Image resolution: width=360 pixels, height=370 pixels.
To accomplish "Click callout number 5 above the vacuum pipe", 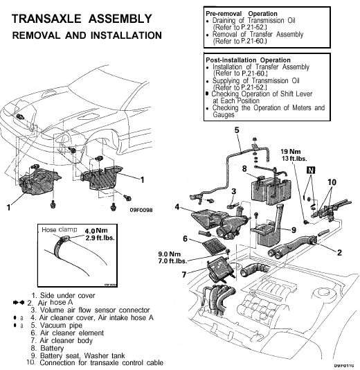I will point(236,130).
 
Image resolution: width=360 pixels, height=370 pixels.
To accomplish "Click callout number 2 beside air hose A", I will point(339,253).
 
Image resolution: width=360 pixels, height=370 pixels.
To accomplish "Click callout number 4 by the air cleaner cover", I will point(178,206).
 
